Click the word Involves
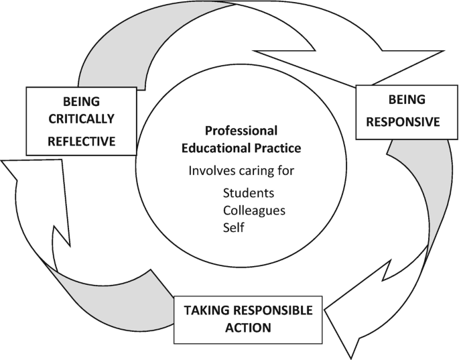210,170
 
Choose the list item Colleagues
253,211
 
